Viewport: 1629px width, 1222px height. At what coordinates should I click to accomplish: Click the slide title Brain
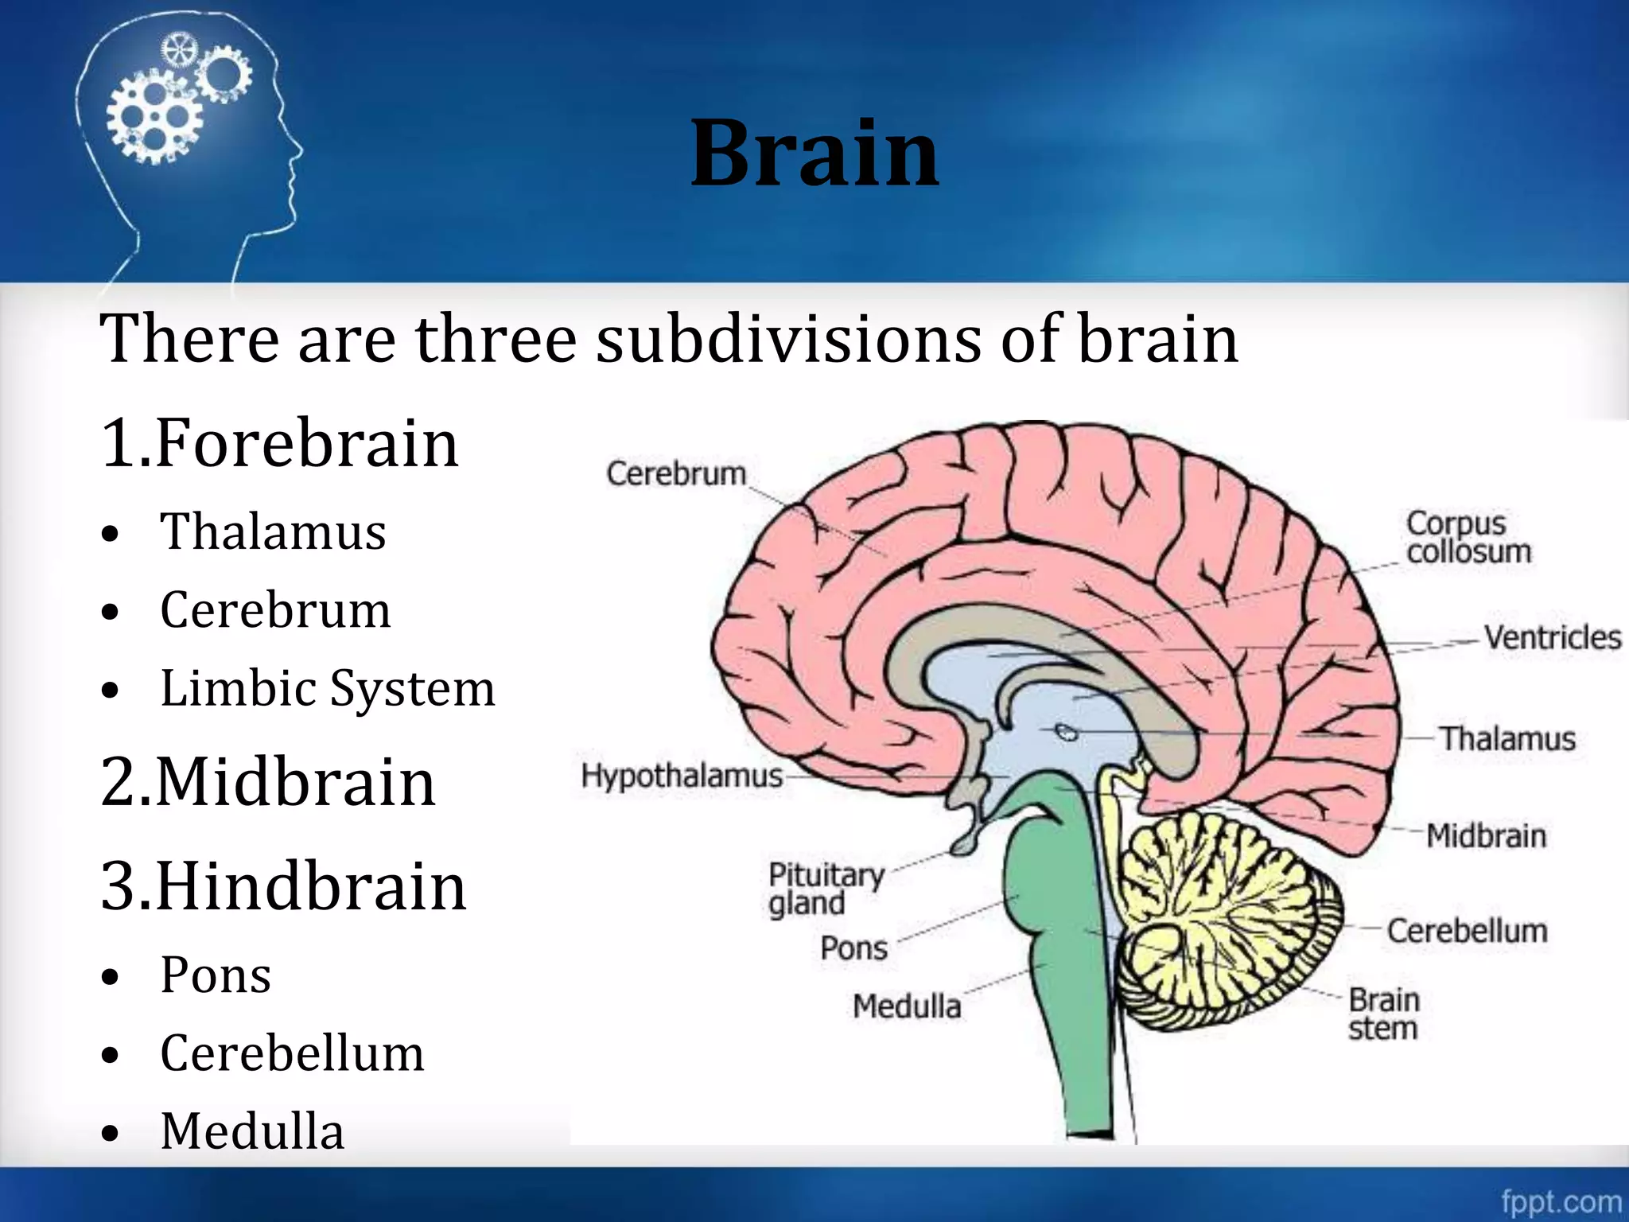[x=814, y=153]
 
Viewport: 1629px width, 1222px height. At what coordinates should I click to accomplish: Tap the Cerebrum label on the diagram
[x=676, y=473]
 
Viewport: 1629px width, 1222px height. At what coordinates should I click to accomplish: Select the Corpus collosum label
[x=1468, y=537]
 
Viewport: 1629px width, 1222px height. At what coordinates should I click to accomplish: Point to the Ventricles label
[x=1552, y=637]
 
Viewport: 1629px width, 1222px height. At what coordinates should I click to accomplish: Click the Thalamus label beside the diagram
[x=1507, y=738]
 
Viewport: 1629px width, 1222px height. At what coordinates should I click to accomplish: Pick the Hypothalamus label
[x=682, y=775]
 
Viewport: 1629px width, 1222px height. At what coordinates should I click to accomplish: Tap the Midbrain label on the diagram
[x=1486, y=835]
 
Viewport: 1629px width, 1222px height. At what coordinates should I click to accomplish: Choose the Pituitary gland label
[x=826, y=889]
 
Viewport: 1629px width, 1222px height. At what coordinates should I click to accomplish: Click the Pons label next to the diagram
[x=853, y=948]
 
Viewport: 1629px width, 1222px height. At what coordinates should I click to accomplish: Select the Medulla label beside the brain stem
[x=907, y=1006]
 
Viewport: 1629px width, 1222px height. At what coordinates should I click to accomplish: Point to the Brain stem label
[x=1383, y=1014]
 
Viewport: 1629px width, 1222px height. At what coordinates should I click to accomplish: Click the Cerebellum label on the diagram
[x=1468, y=930]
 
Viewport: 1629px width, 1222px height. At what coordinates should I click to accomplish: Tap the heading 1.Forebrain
[x=280, y=442]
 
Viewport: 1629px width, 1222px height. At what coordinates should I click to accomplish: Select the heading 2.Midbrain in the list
[x=269, y=782]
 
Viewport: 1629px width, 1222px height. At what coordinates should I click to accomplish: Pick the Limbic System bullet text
[x=328, y=688]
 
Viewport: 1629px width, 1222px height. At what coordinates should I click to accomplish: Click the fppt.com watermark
[x=1561, y=1201]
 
